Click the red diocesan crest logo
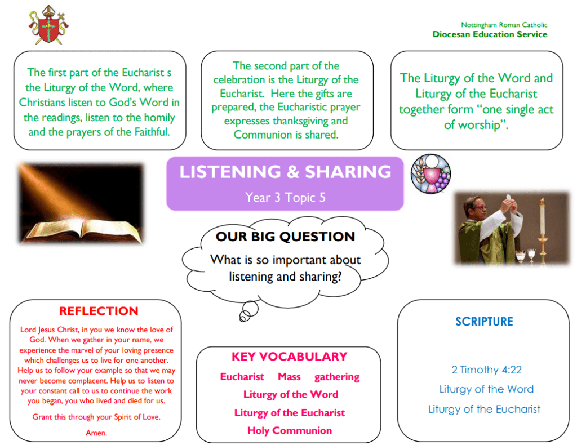pos(49,25)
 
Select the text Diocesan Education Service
pos(490,34)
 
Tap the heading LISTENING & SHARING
pos(285,172)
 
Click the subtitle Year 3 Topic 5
pos(285,198)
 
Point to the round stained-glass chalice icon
pos(430,174)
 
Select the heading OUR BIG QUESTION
pos(285,237)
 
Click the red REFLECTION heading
pos(99,311)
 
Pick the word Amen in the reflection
pos(96,433)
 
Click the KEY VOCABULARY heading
pos(289,357)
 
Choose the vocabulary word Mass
pos(289,377)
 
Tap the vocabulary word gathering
pos(337,377)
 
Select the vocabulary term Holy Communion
pos(289,431)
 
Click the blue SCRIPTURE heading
pos(484,322)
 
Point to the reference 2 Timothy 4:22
pos(486,370)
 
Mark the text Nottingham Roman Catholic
pos(504,25)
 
